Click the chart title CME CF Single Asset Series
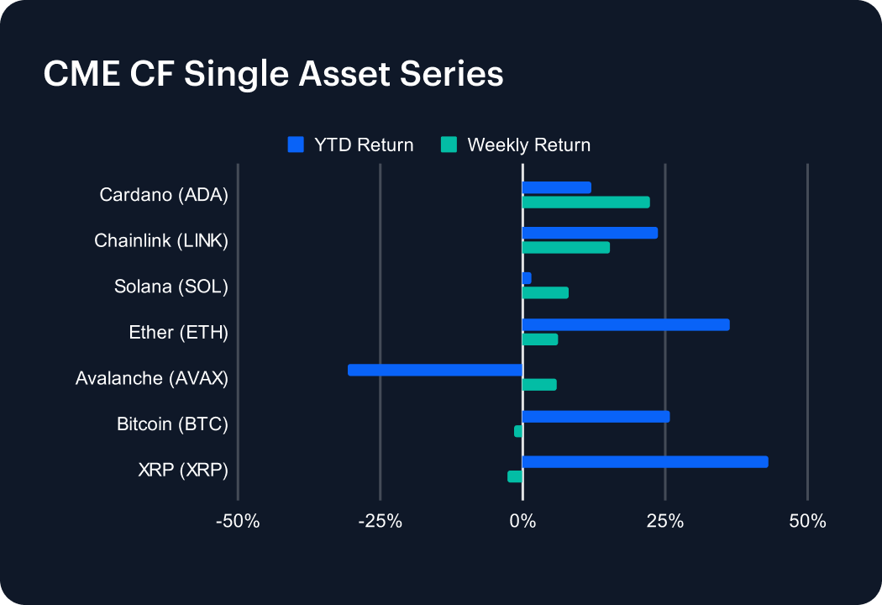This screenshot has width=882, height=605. [x=273, y=74]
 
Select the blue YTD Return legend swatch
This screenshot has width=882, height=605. [x=295, y=145]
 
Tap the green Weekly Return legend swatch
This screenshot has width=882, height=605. [x=449, y=145]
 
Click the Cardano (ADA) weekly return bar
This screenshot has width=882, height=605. [x=585, y=203]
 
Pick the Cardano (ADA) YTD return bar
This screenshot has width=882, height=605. [x=556, y=187]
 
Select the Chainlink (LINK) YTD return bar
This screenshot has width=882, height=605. [x=590, y=233]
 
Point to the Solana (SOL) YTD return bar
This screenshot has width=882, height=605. [x=527, y=278]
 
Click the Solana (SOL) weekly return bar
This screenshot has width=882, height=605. [x=545, y=292]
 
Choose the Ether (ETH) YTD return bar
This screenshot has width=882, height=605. [x=626, y=324]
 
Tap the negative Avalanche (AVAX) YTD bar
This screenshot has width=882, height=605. [x=435, y=370]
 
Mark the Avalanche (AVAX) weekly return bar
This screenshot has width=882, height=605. [x=539, y=385]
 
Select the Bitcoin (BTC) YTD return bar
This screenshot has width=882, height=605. [x=596, y=416]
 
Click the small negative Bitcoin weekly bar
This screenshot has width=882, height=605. [x=518, y=431]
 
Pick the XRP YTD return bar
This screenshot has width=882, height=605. [x=645, y=461]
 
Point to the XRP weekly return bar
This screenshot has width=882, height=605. [x=515, y=476]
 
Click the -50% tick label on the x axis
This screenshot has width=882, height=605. [x=238, y=522]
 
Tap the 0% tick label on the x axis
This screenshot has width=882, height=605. [x=522, y=522]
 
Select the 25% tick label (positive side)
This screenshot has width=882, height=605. [x=664, y=522]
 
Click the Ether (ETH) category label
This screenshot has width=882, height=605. [x=177, y=333]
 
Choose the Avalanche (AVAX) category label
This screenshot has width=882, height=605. [x=151, y=378]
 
